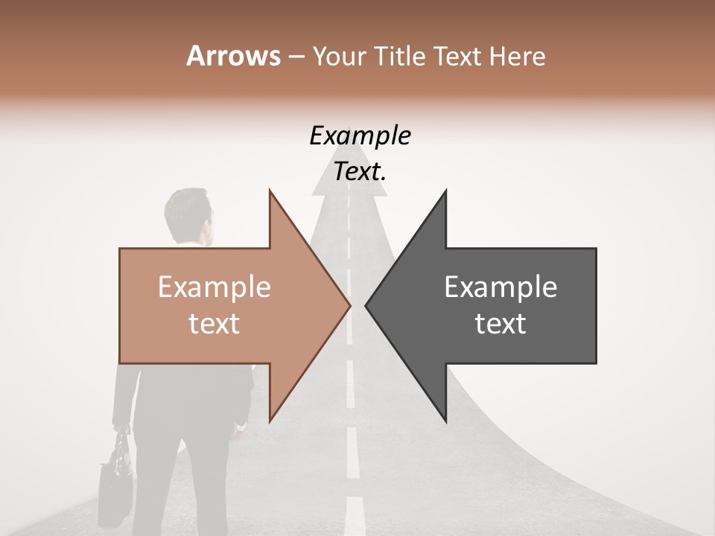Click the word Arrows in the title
(233, 56)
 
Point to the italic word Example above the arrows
(360, 136)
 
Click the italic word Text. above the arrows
(360, 172)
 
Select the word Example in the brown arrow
(214, 287)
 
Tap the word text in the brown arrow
(214, 324)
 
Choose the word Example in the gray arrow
(500, 287)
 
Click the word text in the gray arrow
(500, 324)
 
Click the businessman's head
(188, 216)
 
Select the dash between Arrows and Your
(296, 57)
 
